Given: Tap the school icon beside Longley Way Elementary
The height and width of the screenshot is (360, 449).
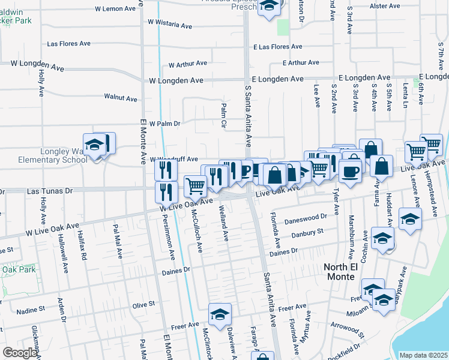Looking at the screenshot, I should click(94, 146).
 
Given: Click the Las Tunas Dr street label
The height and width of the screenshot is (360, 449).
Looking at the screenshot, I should click(50, 191).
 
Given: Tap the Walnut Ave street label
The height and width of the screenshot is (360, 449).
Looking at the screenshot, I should click(121, 97).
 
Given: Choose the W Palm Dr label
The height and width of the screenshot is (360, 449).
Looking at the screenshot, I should click(164, 124).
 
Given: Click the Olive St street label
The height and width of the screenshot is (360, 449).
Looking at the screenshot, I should click(143, 305).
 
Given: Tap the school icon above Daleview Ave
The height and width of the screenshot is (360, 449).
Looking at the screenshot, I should click(220, 314).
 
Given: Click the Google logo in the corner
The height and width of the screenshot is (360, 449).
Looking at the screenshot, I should click(20, 353).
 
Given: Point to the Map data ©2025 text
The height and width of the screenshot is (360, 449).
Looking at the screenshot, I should click(423, 355).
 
